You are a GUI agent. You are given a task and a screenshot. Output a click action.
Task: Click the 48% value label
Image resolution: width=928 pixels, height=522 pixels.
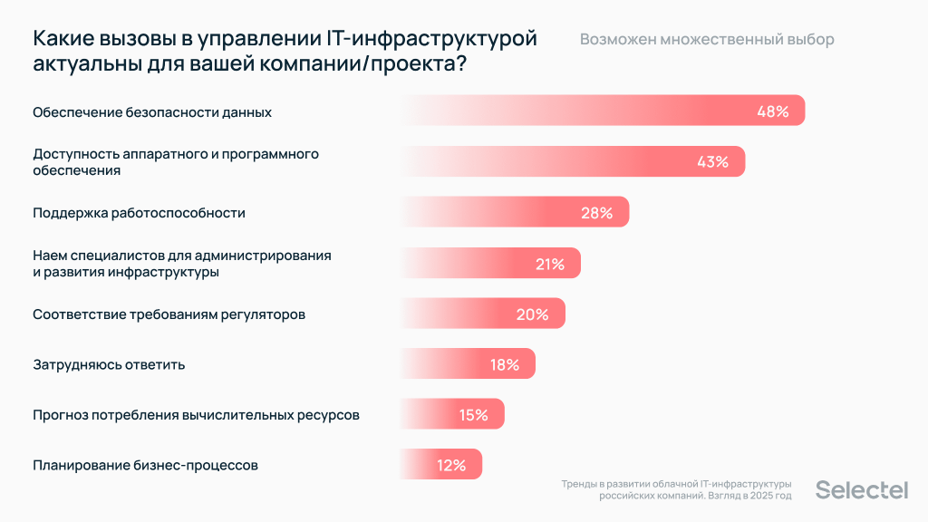(x=773, y=111)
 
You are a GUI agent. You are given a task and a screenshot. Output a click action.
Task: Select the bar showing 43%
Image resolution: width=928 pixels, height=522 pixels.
(x=571, y=162)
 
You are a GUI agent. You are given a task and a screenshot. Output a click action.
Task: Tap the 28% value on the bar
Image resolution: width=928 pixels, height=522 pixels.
(x=596, y=213)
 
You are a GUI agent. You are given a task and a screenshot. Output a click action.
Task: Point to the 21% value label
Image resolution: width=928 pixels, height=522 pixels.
(x=550, y=264)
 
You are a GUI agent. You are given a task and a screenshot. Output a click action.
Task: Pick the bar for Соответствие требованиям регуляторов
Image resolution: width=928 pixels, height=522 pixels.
(x=481, y=314)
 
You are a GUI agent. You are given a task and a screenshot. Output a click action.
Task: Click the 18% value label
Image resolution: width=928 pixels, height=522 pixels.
(x=504, y=364)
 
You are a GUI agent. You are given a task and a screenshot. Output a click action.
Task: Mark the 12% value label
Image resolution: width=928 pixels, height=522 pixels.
(x=450, y=466)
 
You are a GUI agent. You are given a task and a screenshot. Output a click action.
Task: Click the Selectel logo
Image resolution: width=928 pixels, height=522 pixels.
(x=861, y=489)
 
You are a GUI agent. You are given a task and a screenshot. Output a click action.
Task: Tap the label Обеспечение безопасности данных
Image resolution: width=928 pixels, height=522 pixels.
(x=152, y=111)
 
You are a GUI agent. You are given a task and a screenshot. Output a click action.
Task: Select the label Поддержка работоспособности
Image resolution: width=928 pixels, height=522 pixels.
(x=139, y=213)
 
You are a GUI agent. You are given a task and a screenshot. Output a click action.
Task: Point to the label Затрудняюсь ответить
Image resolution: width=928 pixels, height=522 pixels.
(x=109, y=364)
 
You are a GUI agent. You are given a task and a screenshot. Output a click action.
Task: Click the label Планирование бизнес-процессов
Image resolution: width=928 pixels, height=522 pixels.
(x=145, y=466)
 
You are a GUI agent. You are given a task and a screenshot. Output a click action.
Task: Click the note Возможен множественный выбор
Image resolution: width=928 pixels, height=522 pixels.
(x=707, y=40)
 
